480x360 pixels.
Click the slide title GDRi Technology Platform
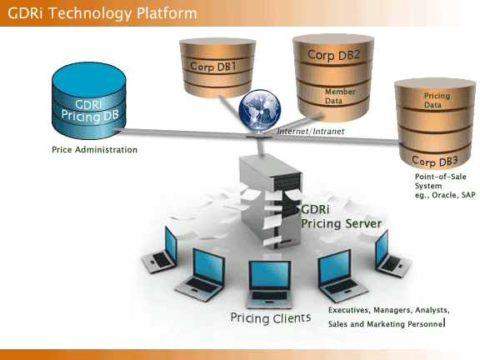click(x=102, y=13)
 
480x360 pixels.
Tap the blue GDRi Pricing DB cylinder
click(x=89, y=101)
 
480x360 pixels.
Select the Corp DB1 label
click(x=213, y=67)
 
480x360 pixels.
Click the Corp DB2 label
click(x=333, y=55)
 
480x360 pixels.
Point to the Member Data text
click(x=340, y=96)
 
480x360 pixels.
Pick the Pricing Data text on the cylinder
click(x=437, y=100)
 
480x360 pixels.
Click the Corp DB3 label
click(x=435, y=161)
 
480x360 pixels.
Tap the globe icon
click(x=260, y=109)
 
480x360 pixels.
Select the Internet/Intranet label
click(x=310, y=132)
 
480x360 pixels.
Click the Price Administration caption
click(x=95, y=150)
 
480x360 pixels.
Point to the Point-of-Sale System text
click(x=440, y=181)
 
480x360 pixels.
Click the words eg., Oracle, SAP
click(x=445, y=195)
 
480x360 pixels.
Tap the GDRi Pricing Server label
click(x=341, y=217)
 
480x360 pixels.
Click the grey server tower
click(x=270, y=201)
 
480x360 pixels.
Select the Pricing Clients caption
click(x=271, y=318)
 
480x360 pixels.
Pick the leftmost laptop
click(x=159, y=249)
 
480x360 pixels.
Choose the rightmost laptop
click(x=392, y=254)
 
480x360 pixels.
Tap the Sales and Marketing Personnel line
click(x=387, y=324)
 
